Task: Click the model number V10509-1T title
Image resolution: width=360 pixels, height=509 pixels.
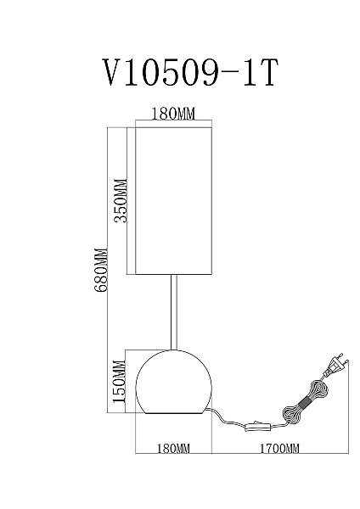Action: pos(190,72)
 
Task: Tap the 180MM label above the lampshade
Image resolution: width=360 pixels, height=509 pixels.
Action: pos(173,114)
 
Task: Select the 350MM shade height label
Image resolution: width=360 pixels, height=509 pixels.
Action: pos(121,200)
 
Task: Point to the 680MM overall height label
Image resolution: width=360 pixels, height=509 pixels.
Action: pos(100,271)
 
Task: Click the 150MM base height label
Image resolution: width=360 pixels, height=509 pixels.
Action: pos(119,382)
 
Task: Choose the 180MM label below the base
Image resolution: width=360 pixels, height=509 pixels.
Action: pos(173,448)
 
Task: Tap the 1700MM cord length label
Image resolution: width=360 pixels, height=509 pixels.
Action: pos(279,448)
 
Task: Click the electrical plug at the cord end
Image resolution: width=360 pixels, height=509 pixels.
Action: pos(335,367)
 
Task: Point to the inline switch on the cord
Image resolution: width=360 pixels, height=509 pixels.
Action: pos(258,426)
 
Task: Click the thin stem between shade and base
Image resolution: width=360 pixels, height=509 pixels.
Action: pos(174,312)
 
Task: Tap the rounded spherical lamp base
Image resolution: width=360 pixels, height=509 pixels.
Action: pos(173,382)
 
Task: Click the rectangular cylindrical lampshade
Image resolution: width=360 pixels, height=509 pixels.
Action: pos(173,201)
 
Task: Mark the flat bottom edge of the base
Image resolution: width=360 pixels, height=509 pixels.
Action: pos(173,413)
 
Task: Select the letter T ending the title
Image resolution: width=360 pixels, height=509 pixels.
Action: pos(266,72)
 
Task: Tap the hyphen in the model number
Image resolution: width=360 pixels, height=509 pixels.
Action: pos(230,74)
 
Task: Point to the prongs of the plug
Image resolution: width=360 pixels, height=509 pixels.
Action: pos(343,359)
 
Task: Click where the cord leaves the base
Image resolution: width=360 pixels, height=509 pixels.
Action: pos(208,408)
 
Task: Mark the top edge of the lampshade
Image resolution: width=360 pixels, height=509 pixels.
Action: pos(173,127)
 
